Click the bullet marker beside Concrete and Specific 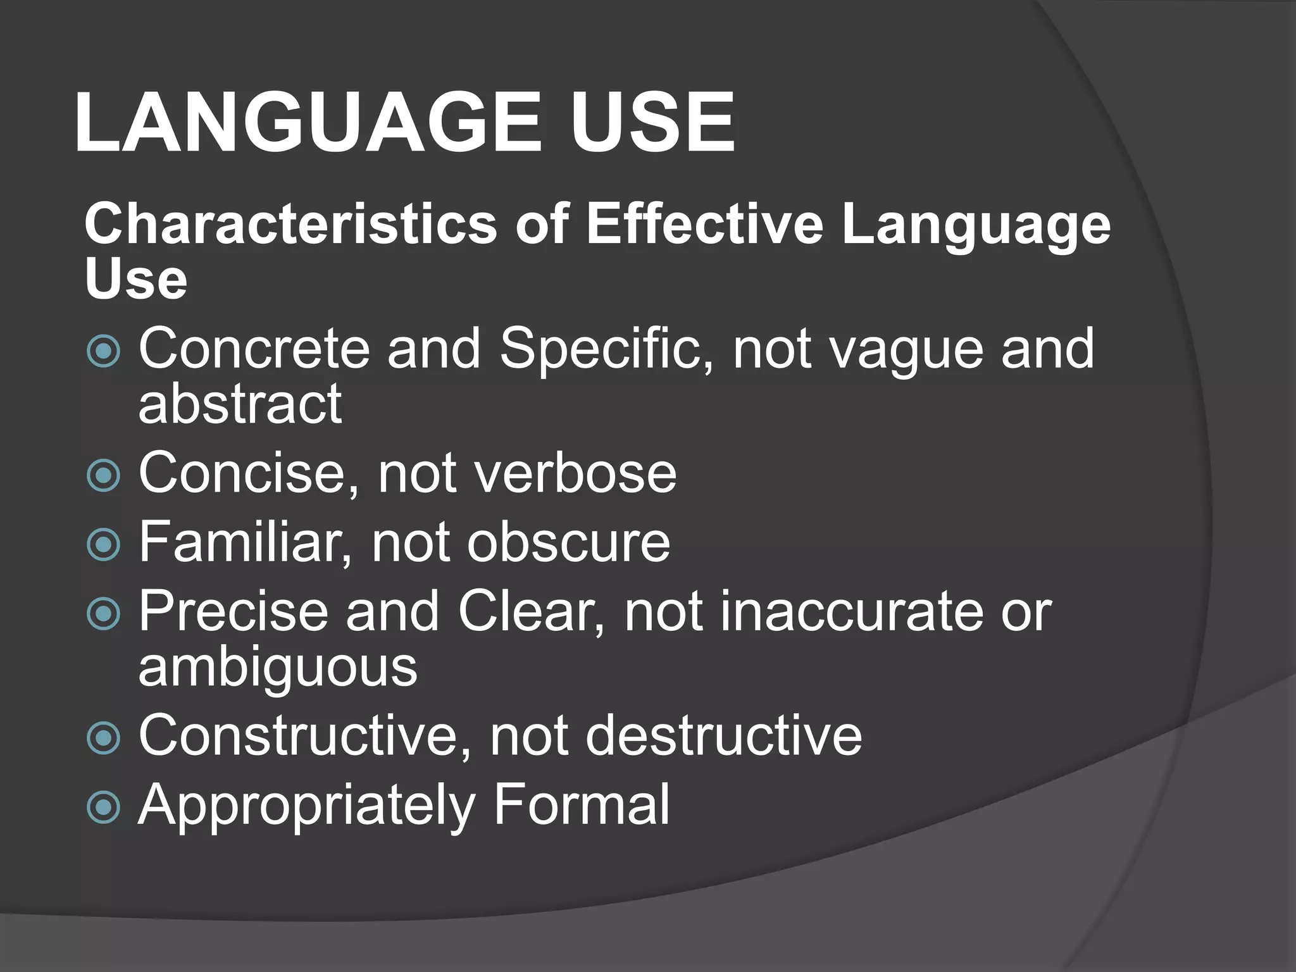click(103, 351)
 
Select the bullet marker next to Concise click(103, 475)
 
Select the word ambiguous click(278, 667)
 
